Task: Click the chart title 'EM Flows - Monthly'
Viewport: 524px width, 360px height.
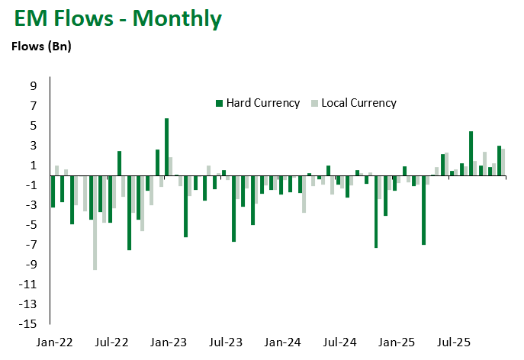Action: pyautogui.click(x=116, y=18)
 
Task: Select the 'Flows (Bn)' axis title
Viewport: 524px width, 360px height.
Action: pyautogui.click(x=40, y=47)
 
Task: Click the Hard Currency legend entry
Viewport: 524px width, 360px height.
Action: pyautogui.click(x=262, y=103)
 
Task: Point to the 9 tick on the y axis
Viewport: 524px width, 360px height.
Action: pyautogui.click(x=34, y=85)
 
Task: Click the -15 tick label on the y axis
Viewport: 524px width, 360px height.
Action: pyautogui.click(x=31, y=324)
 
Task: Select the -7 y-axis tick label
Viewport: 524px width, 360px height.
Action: pyautogui.click(x=33, y=244)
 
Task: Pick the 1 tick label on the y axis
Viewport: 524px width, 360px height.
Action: pyautogui.click(x=34, y=165)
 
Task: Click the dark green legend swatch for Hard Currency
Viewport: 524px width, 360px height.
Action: pyautogui.click(x=220, y=103)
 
